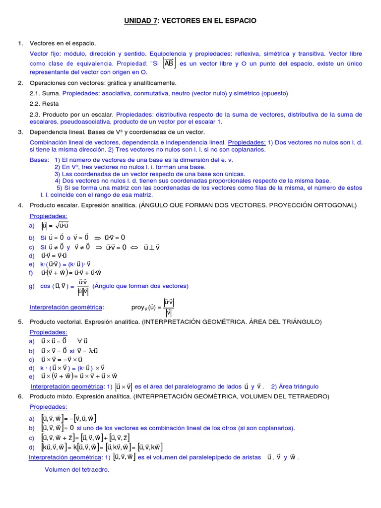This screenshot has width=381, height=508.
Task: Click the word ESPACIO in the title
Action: [239, 21]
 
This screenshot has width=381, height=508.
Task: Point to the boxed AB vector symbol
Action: [169, 63]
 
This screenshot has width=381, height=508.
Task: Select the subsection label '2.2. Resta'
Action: [44, 104]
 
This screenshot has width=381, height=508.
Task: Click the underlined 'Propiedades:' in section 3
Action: [247, 142]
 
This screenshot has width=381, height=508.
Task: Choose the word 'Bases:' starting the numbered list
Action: [39, 160]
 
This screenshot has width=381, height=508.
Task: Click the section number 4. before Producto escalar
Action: [20, 205]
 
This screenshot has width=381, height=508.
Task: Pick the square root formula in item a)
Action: [60, 226]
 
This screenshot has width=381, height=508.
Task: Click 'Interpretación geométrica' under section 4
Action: [66, 308]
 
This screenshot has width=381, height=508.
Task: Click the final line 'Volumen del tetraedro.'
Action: [77, 470]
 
